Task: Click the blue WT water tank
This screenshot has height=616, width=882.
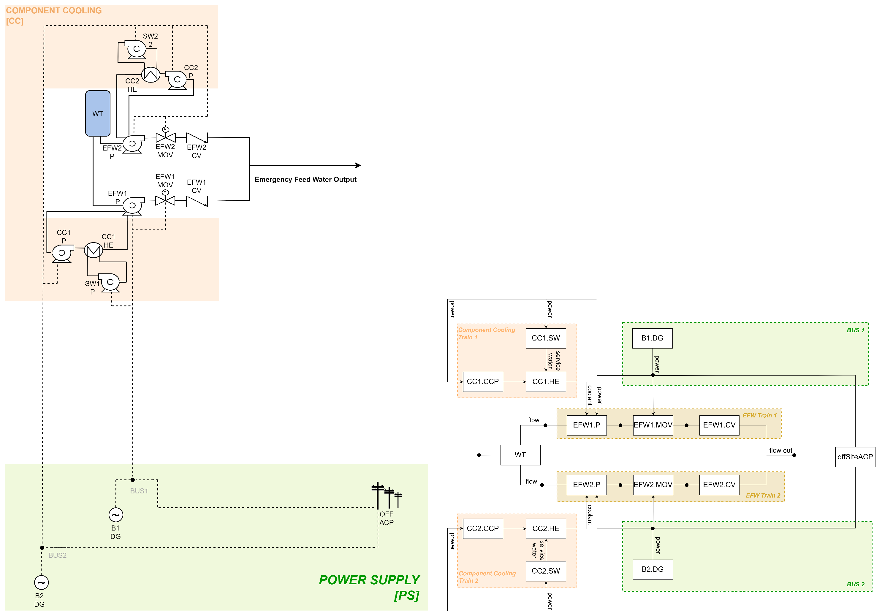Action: [98, 113]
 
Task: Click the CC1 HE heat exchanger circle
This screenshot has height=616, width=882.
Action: [93, 250]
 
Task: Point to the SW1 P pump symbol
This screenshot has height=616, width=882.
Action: [110, 283]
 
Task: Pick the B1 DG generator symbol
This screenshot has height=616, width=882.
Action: [115, 514]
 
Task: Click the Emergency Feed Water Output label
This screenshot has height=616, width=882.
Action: [305, 179]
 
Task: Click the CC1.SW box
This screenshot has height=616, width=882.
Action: [545, 338]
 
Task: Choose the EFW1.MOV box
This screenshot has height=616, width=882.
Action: [653, 425]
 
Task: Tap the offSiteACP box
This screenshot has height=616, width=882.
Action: [855, 457]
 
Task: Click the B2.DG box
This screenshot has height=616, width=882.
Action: [652, 569]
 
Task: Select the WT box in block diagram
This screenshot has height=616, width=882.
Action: [520, 455]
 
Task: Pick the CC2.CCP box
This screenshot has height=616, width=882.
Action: [482, 528]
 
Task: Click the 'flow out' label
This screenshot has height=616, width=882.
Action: [780, 450]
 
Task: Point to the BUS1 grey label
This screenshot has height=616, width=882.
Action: [139, 491]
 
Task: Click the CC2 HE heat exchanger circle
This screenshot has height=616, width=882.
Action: [151, 75]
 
